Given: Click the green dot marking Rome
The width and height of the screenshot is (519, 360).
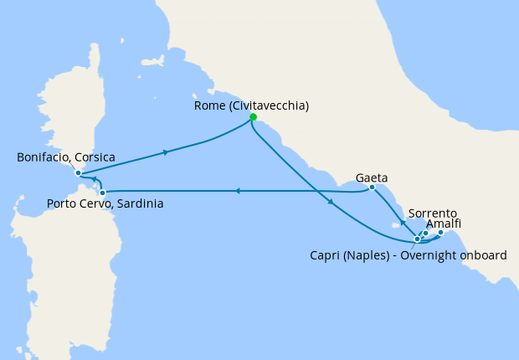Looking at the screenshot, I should [x=253, y=117].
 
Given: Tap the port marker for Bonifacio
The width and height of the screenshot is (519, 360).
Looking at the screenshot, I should [x=78, y=173].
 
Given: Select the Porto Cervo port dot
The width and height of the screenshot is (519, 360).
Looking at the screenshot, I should [x=102, y=193].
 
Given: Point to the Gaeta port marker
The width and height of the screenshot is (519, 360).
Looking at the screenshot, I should [x=372, y=188].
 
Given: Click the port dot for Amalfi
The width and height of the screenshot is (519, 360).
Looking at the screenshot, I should [x=441, y=233].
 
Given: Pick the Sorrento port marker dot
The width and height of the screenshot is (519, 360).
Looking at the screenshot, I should [x=425, y=234].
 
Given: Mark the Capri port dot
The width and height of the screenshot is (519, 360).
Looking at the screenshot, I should [x=417, y=239].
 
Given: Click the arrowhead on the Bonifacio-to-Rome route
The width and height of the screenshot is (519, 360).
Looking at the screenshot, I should [x=167, y=152].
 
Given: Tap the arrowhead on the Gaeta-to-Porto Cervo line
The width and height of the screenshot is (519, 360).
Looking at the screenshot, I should [x=238, y=191].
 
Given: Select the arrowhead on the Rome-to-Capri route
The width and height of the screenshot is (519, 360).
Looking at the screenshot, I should [x=332, y=203].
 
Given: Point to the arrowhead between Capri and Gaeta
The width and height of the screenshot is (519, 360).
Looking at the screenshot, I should [x=402, y=224].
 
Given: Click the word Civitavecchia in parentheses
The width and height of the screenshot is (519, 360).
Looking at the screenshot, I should [x=267, y=106].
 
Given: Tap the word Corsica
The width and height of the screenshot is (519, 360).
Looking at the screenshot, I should [x=93, y=157].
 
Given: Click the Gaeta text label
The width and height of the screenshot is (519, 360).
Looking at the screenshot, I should [x=372, y=177].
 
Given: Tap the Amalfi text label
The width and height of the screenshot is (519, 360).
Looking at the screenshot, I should [x=443, y=224].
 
